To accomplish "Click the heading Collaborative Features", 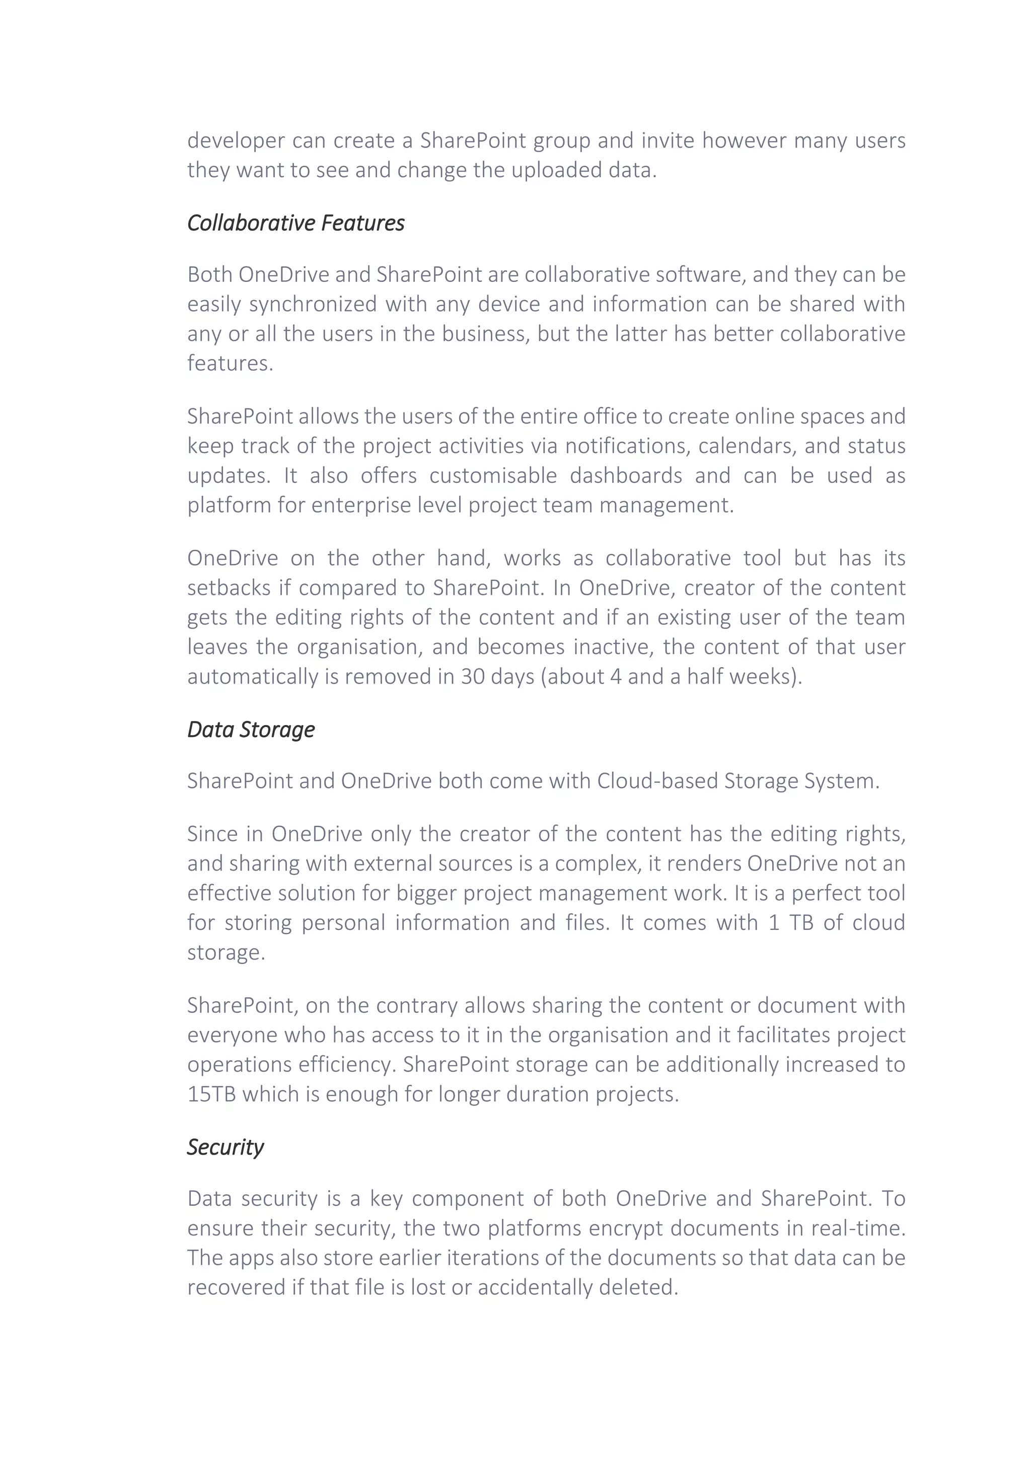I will [296, 223].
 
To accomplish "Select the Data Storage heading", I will [251, 729].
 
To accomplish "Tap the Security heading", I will [226, 1147].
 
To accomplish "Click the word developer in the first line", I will [236, 140].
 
